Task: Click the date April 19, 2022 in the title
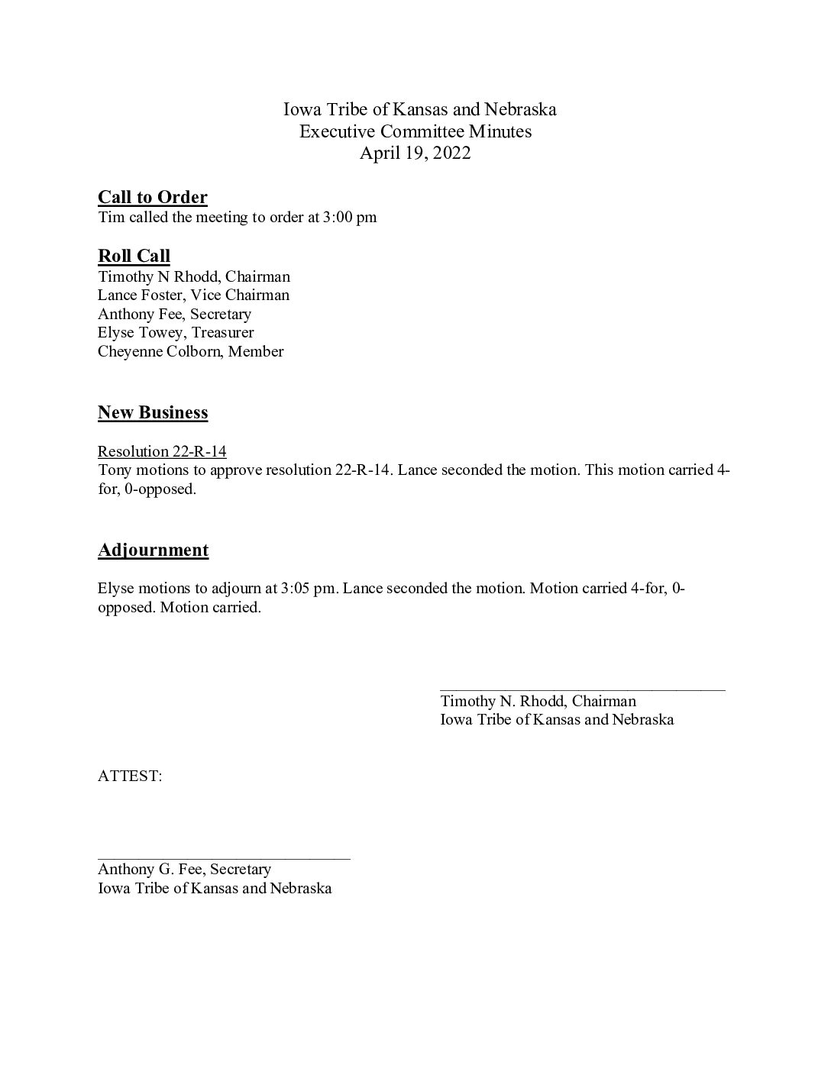(415, 153)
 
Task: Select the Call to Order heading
(153, 198)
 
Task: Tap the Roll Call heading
(134, 256)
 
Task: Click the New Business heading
(153, 413)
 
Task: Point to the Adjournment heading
(153, 550)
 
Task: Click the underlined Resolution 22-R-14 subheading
(162, 451)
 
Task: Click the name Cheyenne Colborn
(160, 352)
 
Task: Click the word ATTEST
(129, 776)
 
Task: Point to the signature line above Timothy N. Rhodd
(582, 690)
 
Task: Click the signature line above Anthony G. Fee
(224, 859)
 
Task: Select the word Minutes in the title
(500, 131)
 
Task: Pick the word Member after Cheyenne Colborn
(256, 352)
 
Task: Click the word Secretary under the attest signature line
(241, 870)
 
